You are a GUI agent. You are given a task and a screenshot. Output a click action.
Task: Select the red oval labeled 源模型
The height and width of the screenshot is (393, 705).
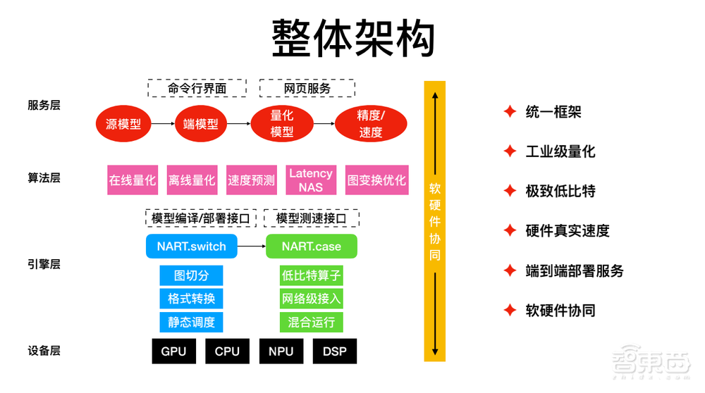point(123,125)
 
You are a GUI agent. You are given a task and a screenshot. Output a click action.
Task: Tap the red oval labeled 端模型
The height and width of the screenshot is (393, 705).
point(201,125)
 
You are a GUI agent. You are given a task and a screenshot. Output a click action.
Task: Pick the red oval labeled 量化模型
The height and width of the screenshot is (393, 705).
point(282,124)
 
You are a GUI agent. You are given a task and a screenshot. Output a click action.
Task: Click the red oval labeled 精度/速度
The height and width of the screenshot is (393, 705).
point(371,124)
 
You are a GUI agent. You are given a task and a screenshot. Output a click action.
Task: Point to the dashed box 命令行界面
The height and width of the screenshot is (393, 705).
point(197,89)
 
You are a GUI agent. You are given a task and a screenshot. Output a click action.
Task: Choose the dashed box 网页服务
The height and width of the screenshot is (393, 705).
point(307,89)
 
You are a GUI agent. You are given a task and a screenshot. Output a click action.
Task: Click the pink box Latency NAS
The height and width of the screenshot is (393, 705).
point(311,180)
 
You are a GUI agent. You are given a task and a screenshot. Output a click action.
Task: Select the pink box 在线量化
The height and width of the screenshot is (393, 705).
point(132,180)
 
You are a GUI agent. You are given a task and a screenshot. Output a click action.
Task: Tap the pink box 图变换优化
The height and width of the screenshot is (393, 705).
point(376,180)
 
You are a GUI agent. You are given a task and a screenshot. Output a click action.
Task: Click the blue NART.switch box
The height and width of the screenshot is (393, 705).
point(191,246)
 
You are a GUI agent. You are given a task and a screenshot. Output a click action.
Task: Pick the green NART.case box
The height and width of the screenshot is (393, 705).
point(311,246)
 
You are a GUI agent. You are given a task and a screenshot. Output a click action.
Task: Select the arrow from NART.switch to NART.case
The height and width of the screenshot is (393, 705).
point(251,246)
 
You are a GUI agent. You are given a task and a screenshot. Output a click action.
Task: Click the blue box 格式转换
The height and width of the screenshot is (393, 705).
point(191,299)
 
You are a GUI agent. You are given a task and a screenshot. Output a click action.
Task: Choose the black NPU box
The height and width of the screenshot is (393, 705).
point(281,351)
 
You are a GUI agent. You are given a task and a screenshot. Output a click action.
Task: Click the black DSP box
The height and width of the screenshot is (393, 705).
point(334,351)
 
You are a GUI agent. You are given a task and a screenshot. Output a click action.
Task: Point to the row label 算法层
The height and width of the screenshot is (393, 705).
point(44,177)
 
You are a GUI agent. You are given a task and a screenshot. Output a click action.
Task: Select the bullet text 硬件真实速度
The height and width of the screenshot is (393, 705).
point(567,230)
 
